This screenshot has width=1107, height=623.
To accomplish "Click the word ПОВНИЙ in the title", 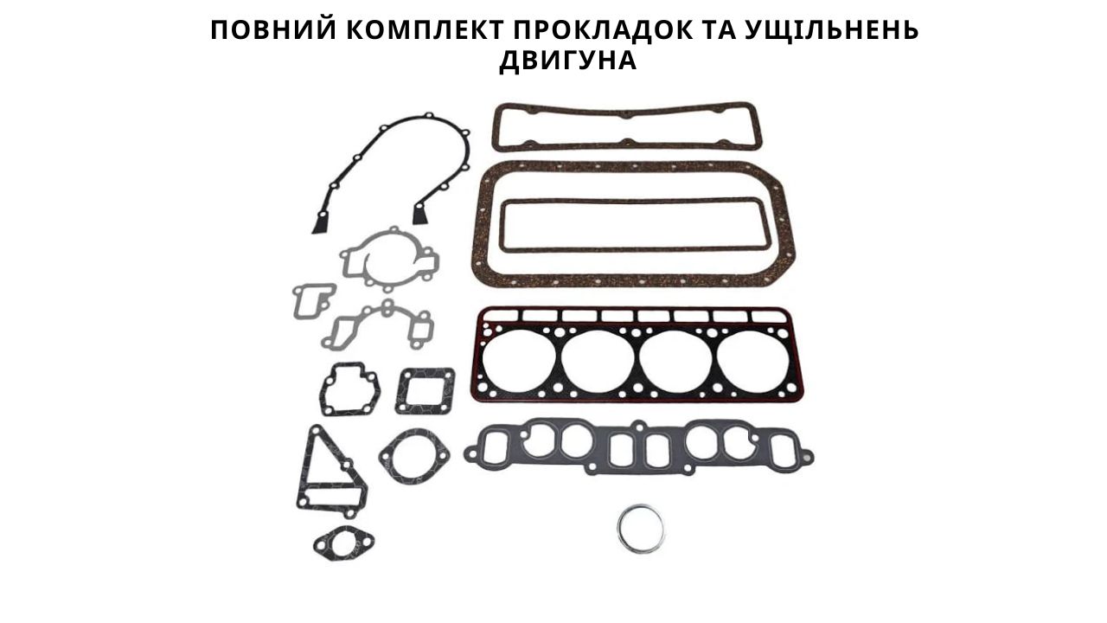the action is click(273, 30).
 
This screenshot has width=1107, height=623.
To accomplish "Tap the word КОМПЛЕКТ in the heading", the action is click(424, 30).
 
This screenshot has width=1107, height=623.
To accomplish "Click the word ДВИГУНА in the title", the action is click(568, 61).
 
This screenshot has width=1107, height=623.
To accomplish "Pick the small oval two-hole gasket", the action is click(343, 544).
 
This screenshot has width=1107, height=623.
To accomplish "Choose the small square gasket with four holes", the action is click(400, 390).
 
